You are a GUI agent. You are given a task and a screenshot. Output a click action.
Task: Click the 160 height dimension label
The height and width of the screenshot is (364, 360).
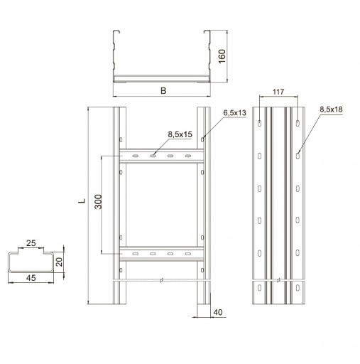[222, 56]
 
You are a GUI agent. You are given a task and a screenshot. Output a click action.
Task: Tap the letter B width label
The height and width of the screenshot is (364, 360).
[163, 90]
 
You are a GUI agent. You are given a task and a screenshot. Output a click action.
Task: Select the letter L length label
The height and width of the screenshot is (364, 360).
[82, 200]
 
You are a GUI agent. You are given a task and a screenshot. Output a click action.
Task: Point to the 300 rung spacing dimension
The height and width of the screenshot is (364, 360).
[98, 202]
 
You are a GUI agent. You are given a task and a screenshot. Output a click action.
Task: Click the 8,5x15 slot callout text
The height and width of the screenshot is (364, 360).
[180, 134]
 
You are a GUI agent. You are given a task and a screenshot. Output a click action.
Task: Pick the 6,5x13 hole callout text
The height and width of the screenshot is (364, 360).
[234, 113]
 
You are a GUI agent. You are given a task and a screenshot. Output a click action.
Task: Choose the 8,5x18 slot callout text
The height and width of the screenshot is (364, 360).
[331, 109]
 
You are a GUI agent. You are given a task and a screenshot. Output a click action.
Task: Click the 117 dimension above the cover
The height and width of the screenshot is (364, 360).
[278, 92]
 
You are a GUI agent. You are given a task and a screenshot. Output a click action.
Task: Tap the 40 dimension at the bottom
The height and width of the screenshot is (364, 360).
[218, 312]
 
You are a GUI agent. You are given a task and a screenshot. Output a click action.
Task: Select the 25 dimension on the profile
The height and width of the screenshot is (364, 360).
[31, 243]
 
